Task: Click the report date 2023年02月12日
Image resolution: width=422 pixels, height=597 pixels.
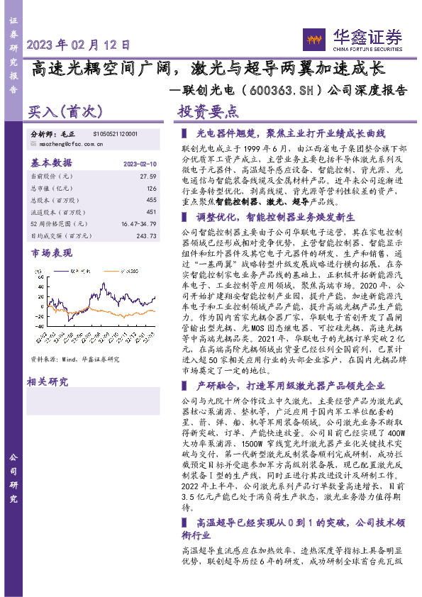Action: (79, 44)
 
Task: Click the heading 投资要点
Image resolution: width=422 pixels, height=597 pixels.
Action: (208, 112)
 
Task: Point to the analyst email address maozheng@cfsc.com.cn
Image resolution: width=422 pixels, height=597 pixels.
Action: (68, 143)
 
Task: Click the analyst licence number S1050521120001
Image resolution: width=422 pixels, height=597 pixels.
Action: (115, 133)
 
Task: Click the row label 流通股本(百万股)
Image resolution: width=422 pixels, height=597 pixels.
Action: (55, 211)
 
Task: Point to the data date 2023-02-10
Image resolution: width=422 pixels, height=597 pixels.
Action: (139, 163)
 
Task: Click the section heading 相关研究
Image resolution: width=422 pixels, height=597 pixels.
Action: (48, 383)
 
